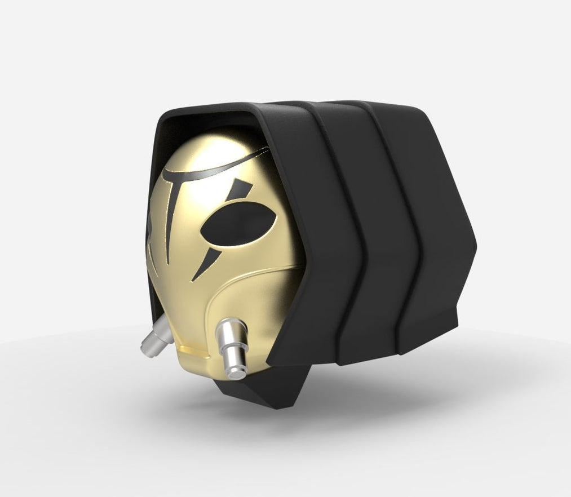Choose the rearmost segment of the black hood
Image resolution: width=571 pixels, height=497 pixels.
click(440, 225)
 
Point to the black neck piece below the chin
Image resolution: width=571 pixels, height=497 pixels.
click(265, 394)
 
